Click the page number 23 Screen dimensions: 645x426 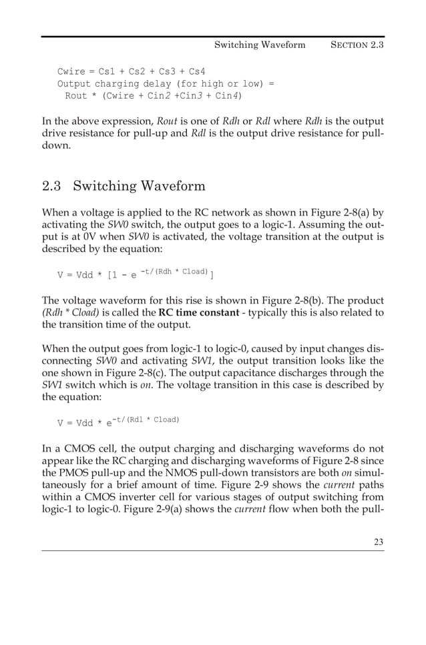(x=379, y=542)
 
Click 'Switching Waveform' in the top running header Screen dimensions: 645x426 (x=260, y=45)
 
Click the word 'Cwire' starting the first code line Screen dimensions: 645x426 (x=71, y=72)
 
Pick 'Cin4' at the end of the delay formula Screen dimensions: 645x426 (x=226, y=96)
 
